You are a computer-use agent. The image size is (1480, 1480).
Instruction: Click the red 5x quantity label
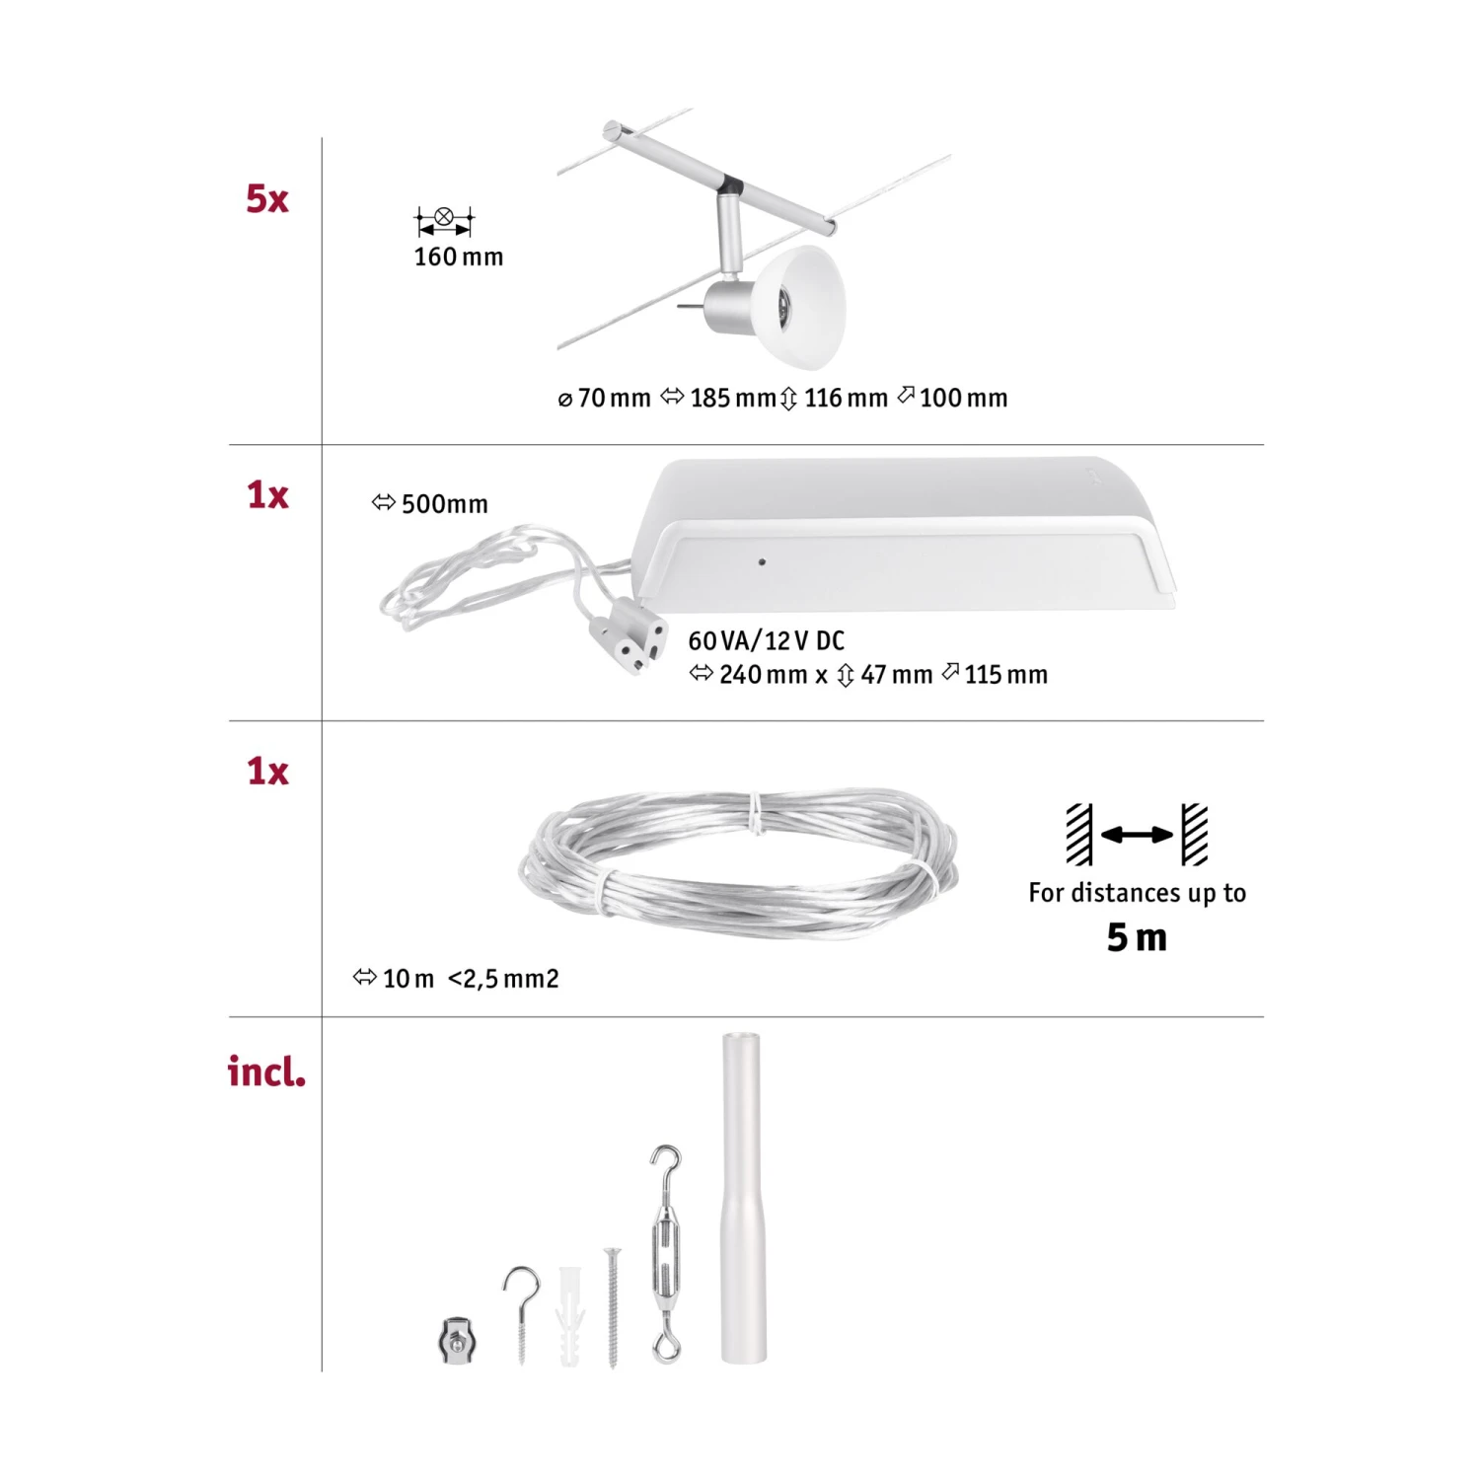tap(266, 199)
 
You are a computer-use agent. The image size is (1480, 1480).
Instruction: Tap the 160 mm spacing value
tap(458, 258)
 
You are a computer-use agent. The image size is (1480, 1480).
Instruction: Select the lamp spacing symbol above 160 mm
tap(444, 220)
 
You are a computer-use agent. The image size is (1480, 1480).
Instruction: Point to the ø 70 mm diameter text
tap(604, 399)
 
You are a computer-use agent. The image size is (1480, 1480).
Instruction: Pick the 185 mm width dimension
tap(719, 399)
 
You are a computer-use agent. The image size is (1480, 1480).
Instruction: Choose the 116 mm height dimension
tap(835, 399)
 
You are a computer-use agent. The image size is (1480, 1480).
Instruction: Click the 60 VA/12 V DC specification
tap(766, 641)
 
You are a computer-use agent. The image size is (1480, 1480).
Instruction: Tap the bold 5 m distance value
tap(1137, 937)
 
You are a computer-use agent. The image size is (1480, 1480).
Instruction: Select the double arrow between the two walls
tap(1137, 835)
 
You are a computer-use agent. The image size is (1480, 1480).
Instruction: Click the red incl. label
tap(266, 1072)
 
